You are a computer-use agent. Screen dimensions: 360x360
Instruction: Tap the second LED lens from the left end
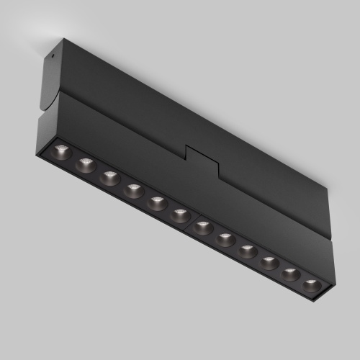coord(86,165)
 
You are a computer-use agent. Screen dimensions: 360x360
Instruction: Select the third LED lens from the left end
coord(110,178)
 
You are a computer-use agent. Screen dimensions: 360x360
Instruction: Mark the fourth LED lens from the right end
coord(248,251)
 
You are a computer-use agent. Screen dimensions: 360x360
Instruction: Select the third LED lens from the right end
coord(270,263)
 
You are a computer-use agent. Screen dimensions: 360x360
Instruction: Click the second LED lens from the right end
coord(291,274)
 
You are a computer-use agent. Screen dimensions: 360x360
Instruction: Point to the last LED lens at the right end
coord(311,285)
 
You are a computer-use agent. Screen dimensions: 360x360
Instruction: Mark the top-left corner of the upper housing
coord(63,39)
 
